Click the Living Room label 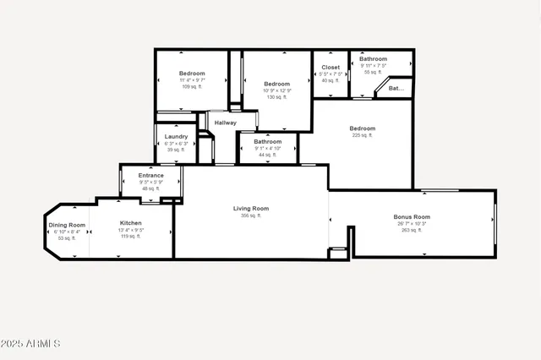coord(251,208)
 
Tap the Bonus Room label coord(412,217)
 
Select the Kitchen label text coord(131,223)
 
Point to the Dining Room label coord(67,226)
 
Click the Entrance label coord(151,175)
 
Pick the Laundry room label coord(176,136)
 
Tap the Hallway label coord(225,123)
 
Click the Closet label coord(331,67)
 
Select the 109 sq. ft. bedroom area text coord(192,87)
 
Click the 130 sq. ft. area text coord(276,97)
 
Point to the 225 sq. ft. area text coord(363,135)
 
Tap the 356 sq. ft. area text coord(251,215)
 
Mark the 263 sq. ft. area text coord(412,230)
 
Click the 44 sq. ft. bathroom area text coord(267,155)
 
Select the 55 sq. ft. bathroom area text coord(373,72)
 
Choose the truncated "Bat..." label coord(396,88)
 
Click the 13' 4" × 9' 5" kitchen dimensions coord(131,230)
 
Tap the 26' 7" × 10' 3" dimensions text coord(412,224)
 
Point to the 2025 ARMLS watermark coord(30,344)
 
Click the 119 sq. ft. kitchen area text coord(131,237)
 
